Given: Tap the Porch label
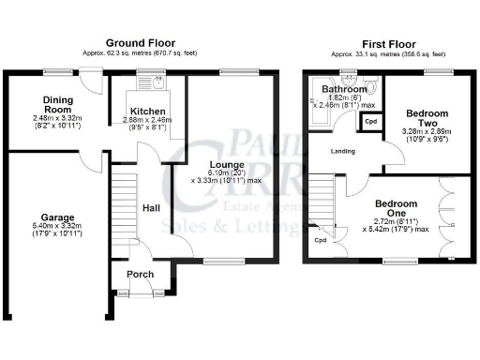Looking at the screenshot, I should coord(140,274).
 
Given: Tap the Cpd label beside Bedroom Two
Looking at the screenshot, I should coord(370,122).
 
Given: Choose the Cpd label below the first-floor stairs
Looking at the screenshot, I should coord(321,241).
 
